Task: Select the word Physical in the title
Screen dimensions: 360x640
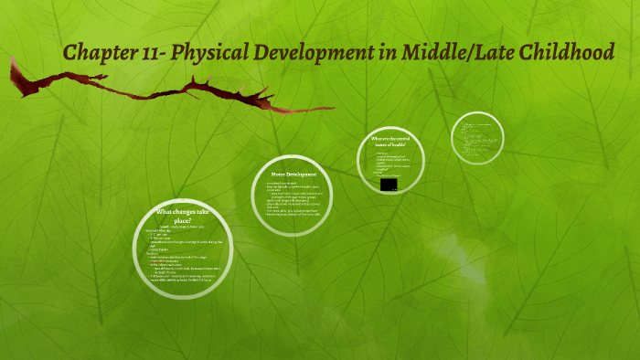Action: (x=217, y=53)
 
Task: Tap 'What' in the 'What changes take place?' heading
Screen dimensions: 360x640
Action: (x=165, y=212)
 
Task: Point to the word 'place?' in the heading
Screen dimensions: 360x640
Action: (x=183, y=219)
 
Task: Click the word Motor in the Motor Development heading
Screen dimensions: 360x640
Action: (x=280, y=174)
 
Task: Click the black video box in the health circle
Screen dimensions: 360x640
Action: (x=389, y=184)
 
